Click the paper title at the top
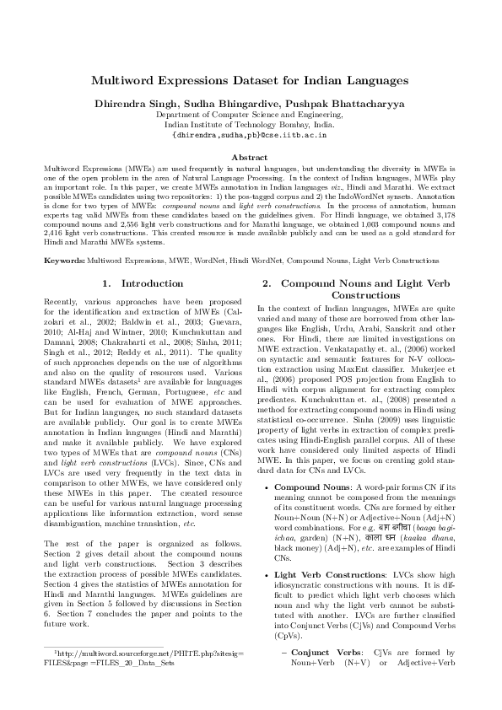250,80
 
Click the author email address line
250,134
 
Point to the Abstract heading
250,158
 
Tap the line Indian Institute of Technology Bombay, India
250,123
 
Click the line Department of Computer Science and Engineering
250,114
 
